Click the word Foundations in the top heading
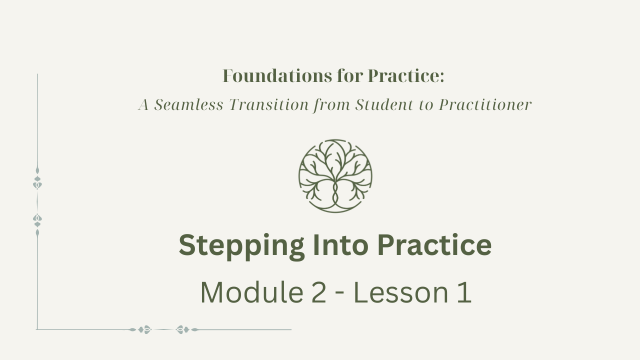click(x=277, y=76)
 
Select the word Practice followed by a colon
click(x=406, y=76)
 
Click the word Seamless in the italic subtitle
click(x=188, y=104)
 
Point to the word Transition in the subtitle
click(x=269, y=104)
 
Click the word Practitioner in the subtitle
click(x=485, y=104)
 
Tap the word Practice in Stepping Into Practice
click(x=434, y=245)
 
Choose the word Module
click(x=251, y=292)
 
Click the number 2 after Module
click(x=318, y=292)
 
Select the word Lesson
click(x=401, y=292)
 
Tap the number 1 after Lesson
click(x=464, y=292)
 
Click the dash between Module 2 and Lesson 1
click(x=339, y=294)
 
